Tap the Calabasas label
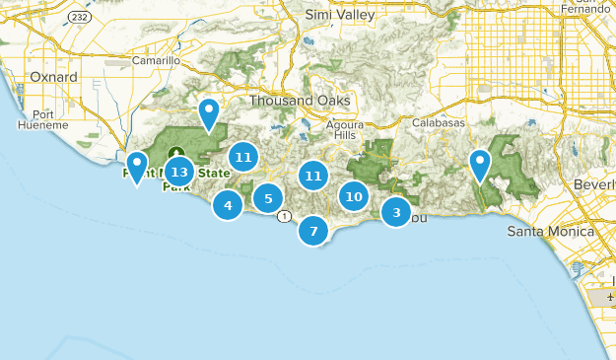coord(439,122)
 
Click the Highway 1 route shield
coord(284,216)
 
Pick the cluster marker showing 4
coord(228,205)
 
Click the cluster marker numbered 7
coord(313,231)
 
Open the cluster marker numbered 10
coord(355,196)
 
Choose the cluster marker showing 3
coord(396,211)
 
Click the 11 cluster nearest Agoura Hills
coord(313,176)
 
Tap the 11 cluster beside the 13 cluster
coord(243,156)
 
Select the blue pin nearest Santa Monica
coord(480,165)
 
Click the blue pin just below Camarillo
coord(208,114)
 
